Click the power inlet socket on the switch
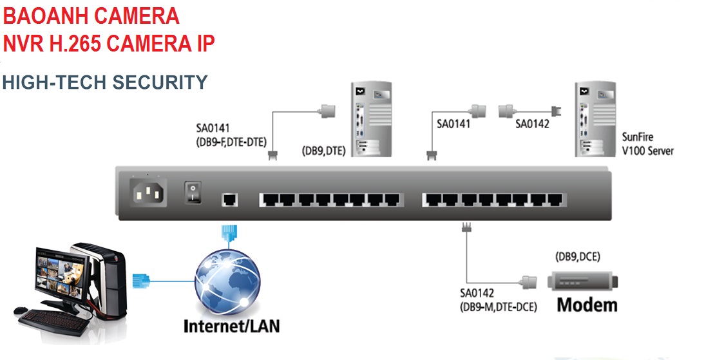coord(148,191)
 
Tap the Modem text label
coord(587,304)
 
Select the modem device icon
coord(583,281)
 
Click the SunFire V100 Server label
coord(647,144)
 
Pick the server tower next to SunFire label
coord(593,118)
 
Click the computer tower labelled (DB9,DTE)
coord(370,118)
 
